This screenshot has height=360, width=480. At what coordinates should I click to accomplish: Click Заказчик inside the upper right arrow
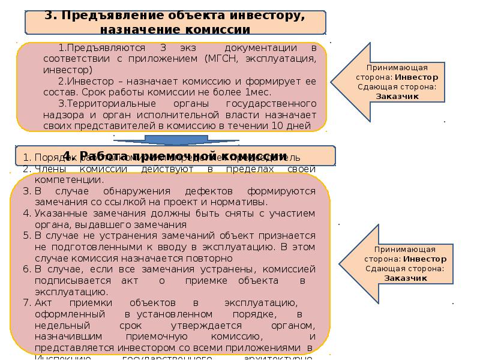397,96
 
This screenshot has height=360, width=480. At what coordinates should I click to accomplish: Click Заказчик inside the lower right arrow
406,278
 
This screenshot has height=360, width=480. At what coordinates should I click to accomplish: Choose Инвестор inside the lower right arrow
425,259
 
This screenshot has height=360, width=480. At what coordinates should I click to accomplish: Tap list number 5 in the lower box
27,235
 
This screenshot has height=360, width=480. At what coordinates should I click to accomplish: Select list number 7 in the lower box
27,302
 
